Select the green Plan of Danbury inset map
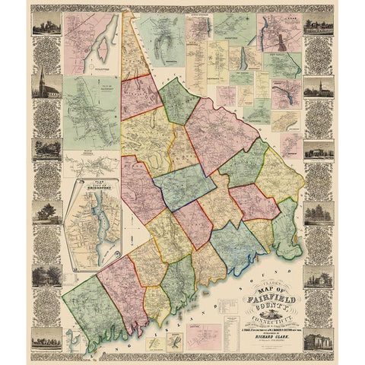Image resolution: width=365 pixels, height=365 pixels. [x=90, y=112]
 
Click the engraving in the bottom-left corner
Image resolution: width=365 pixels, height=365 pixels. [x=47, y=336]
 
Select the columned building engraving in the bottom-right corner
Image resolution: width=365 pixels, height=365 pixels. [x=318, y=336]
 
